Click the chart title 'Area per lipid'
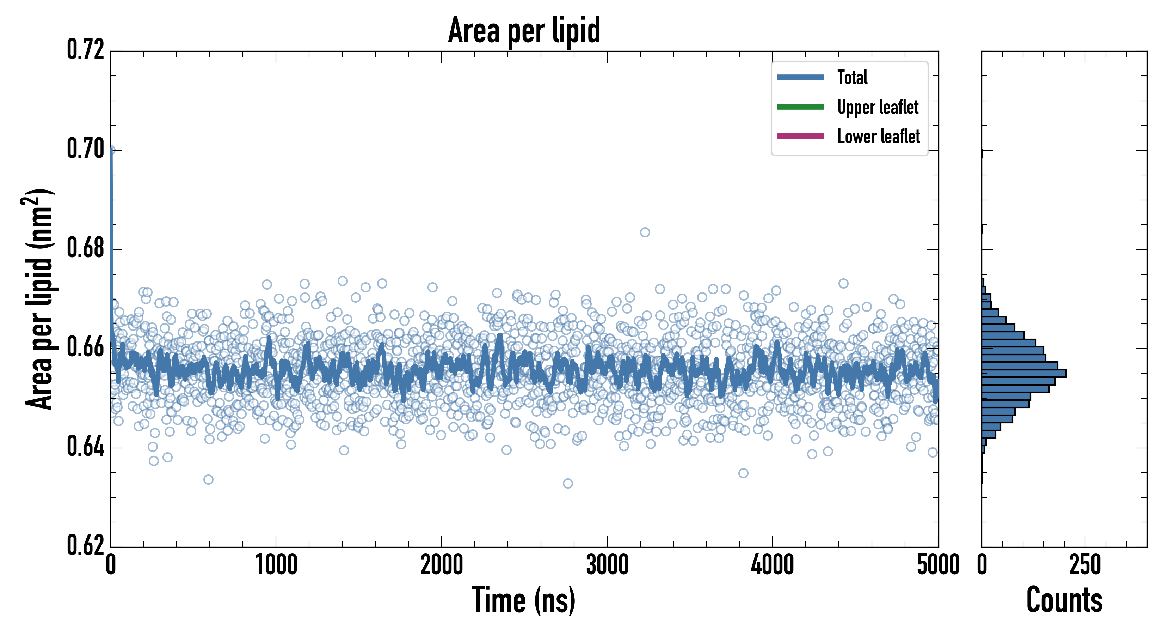click(x=524, y=30)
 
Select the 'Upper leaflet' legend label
click(x=877, y=107)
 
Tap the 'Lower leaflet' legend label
click(x=878, y=136)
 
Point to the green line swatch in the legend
click(x=800, y=107)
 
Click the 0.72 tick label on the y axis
click(x=85, y=50)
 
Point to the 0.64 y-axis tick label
click(x=85, y=447)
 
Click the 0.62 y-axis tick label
click(x=85, y=545)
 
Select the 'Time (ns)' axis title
click(x=524, y=600)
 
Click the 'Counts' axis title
click(x=1064, y=600)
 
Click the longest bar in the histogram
click(x=1023, y=373)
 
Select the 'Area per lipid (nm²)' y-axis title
click(x=38, y=299)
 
